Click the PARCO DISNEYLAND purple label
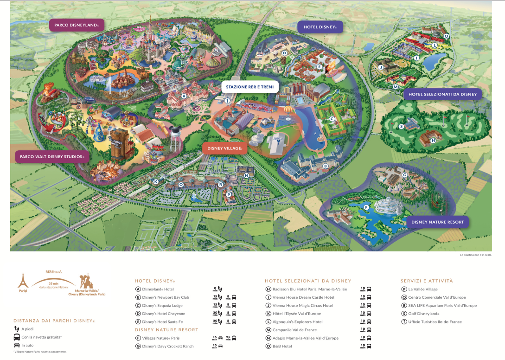(77, 25)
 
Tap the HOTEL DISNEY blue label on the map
(320, 27)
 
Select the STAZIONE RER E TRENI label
(250, 87)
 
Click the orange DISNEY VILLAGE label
(225, 148)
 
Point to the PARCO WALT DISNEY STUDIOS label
(52, 157)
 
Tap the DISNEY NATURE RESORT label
(437, 222)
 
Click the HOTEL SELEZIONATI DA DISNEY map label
(442, 95)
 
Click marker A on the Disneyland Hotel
(184, 96)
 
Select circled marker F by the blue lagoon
(366, 207)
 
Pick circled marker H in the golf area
(433, 141)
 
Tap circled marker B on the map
(326, 166)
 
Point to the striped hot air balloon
(288, 110)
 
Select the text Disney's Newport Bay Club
(162, 297)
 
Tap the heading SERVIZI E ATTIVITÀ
(427, 281)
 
